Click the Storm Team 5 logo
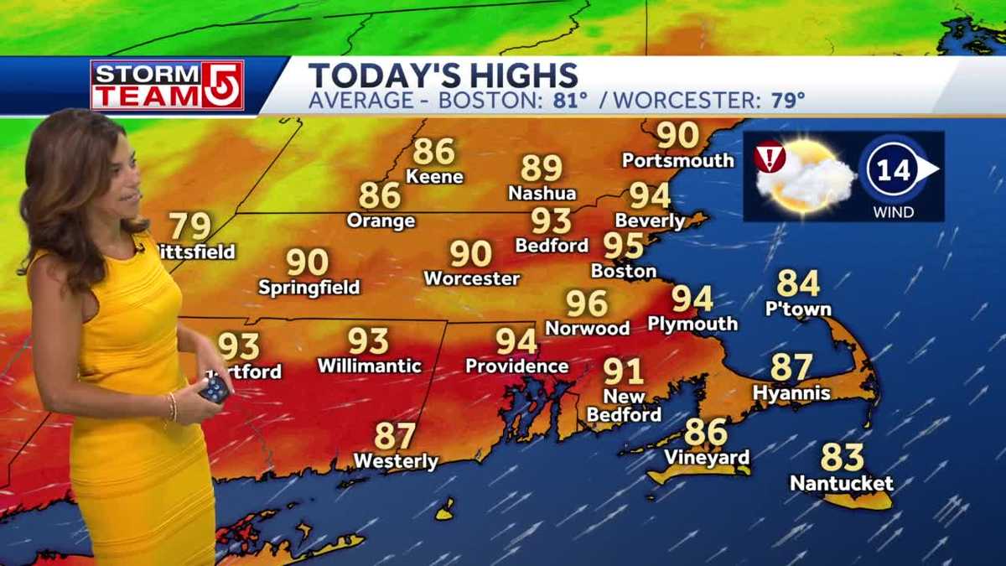point(167,85)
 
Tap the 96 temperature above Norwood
point(586,304)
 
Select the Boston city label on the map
point(623,271)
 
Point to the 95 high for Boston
point(624,247)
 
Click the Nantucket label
point(841,484)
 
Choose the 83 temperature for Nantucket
point(842,458)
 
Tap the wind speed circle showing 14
point(893,171)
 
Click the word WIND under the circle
point(893,212)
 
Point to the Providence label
point(516,366)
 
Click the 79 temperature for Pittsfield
point(189,227)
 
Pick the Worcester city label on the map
point(471,278)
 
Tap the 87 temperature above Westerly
point(395,436)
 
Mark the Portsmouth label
point(677,159)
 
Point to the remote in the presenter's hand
point(215,388)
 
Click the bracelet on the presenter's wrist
point(172,407)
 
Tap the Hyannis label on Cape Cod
point(791,392)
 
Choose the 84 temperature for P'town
point(798,283)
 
